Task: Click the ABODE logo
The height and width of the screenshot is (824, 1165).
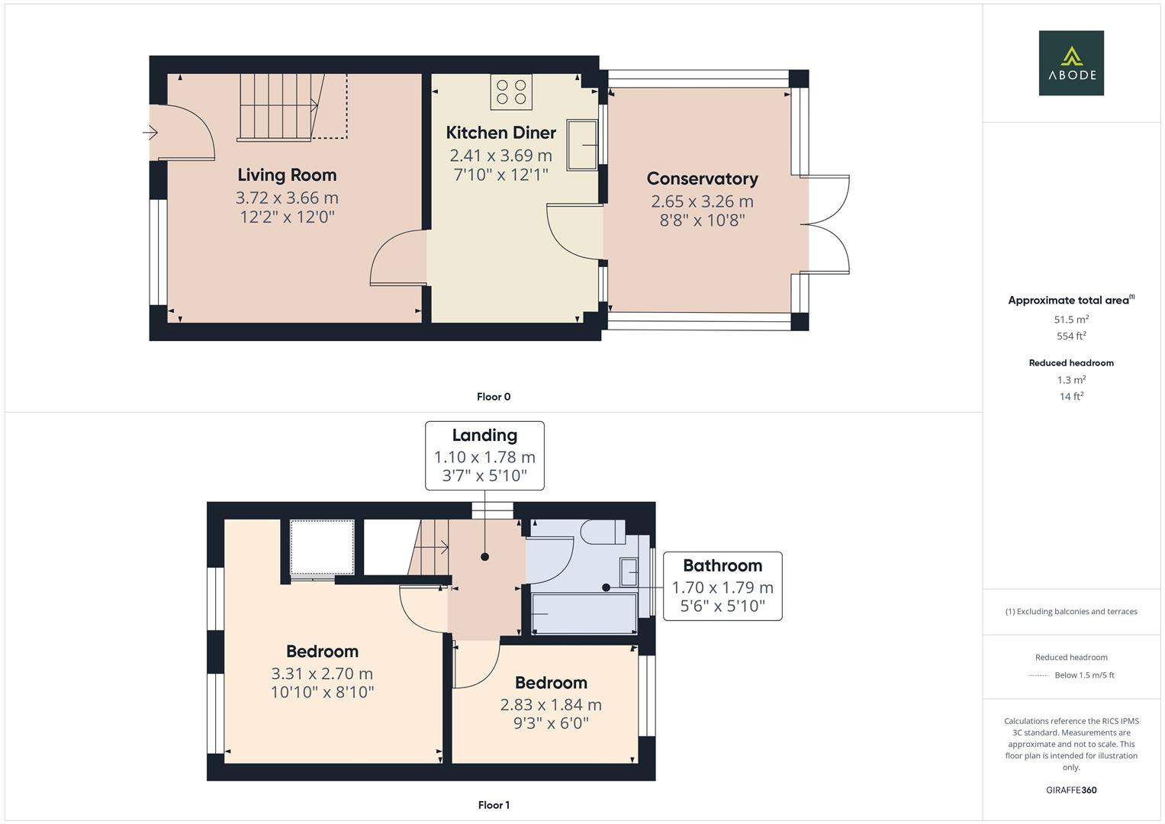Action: (1070, 63)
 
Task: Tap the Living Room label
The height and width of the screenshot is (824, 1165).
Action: (287, 175)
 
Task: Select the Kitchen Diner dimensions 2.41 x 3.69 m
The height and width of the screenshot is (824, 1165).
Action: (500, 156)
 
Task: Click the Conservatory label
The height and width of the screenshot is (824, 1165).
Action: (702, 179)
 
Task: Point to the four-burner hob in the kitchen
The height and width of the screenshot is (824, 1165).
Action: (511, 92)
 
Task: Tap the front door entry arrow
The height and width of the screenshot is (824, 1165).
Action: (150, 134)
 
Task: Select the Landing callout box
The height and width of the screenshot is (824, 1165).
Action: (484, 455)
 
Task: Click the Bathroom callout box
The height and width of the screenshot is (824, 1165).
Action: (722, 586)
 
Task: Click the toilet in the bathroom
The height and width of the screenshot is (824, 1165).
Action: (603, 532)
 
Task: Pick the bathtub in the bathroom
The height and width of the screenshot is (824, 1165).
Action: (584, 614)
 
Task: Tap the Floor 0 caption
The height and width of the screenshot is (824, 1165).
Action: (494, 397)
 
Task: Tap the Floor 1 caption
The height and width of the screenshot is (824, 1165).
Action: (494, 805)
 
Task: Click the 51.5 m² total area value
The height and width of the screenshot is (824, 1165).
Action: (1070, 320)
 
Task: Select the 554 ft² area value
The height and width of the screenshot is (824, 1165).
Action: (1070, 336)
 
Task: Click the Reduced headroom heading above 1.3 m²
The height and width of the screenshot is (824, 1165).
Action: (1070, 363)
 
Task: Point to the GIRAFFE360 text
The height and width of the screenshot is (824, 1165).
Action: (1070, 790)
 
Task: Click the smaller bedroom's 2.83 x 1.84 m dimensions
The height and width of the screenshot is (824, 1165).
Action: (551, 705)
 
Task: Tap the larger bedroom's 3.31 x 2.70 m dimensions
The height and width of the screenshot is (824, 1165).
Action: (322, 674)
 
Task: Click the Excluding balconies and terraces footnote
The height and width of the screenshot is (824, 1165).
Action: (1070, 611)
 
